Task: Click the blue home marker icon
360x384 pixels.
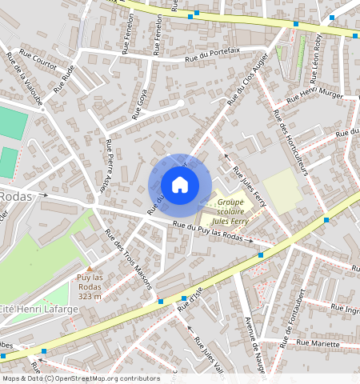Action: [x=180, y=185]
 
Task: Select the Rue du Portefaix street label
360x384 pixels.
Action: [x=212, y=54]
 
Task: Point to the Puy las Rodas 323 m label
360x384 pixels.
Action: [x=90, y=286]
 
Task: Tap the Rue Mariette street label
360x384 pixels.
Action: [x=318, y=342]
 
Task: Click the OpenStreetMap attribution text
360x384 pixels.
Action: [x=80, y=378]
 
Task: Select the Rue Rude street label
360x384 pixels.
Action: [x=64, y=78]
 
